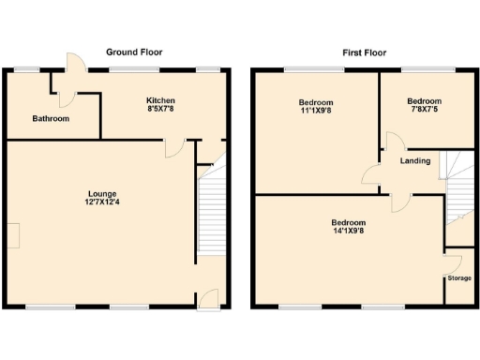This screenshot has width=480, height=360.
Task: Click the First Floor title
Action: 362,52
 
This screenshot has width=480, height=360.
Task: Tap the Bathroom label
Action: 50,119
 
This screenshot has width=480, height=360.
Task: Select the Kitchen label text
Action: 160,100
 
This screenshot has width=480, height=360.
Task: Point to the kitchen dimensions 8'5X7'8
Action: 160,110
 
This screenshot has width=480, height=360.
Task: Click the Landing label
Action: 415,161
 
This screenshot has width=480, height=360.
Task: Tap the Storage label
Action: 458,278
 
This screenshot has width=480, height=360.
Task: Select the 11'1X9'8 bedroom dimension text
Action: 316,110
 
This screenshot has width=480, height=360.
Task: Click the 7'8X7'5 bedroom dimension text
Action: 425,110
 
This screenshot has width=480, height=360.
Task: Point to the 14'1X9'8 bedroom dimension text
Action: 349,232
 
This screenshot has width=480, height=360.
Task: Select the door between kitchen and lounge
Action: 173,148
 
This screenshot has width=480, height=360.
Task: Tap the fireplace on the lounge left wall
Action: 13,235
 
